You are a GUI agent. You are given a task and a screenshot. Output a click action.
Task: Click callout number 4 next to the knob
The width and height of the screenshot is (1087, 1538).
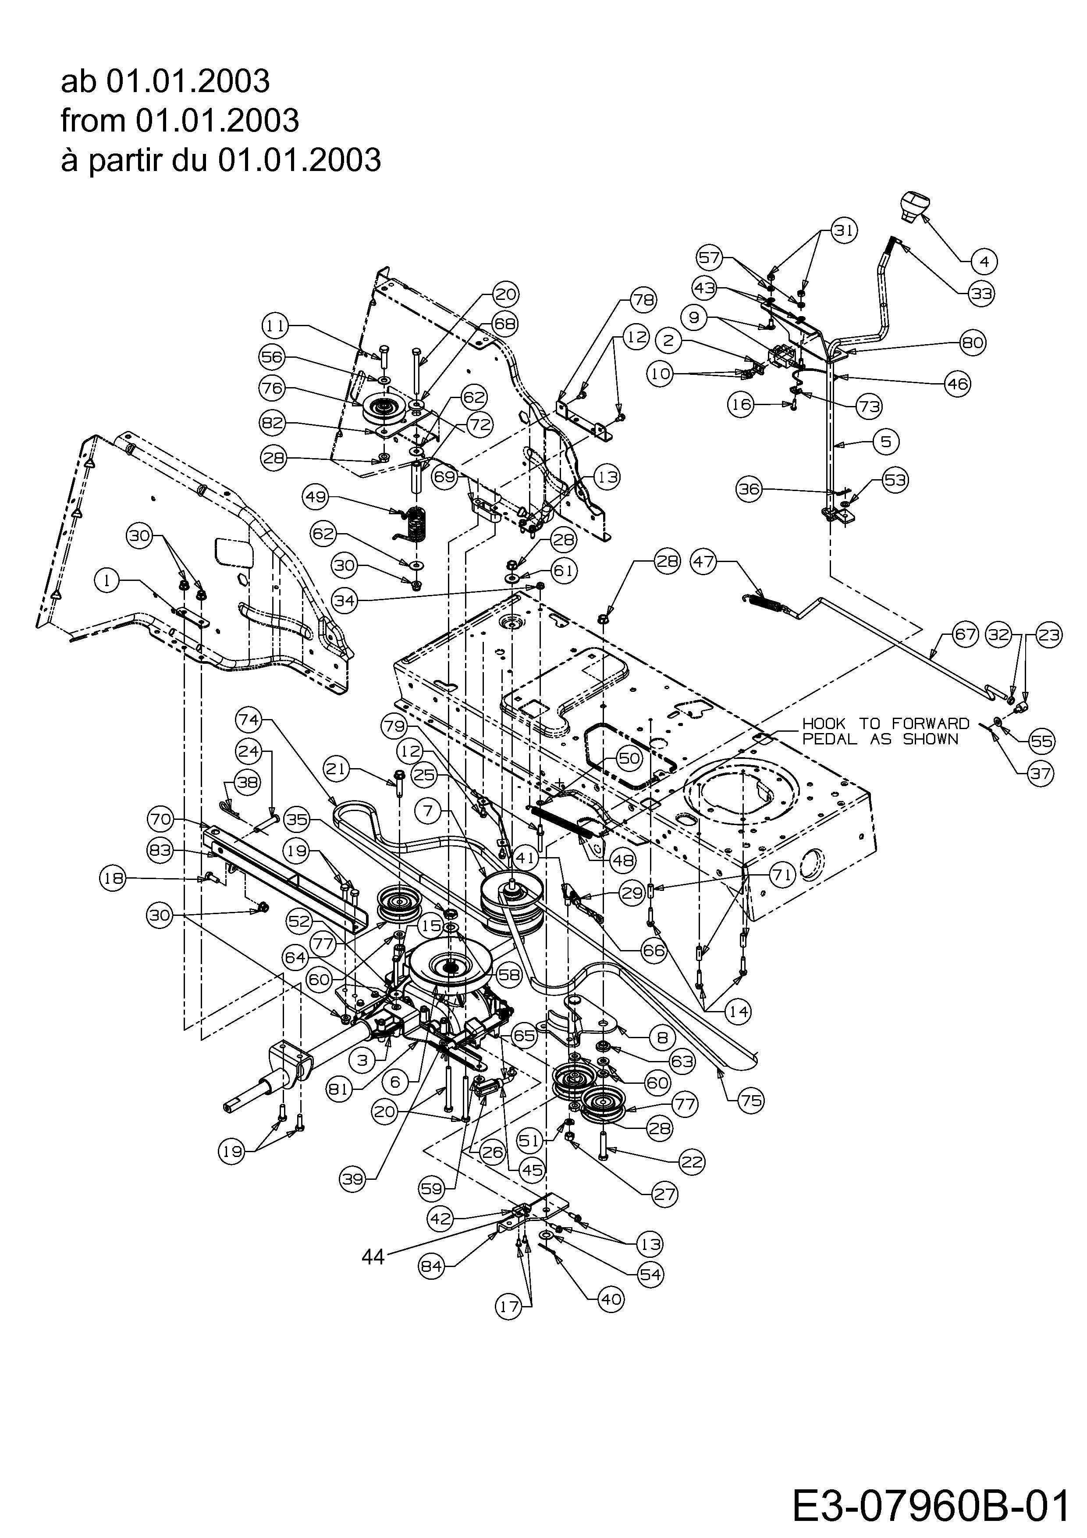[x=984, y=261]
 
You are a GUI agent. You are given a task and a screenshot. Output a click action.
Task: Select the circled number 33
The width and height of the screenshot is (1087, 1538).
[x=981, y=293]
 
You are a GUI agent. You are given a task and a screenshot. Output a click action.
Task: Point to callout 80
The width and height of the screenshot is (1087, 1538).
[x=973, y=343]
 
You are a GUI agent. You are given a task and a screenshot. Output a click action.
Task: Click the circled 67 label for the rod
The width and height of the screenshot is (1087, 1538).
[x=965, y=634]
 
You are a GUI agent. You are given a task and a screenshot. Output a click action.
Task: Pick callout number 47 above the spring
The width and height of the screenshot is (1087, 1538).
[x=704, y=561]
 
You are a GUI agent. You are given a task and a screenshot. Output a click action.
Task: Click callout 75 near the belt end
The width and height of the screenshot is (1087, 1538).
[x=751, y=1100]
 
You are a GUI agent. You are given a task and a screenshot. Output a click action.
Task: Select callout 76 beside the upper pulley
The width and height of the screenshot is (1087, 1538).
[x=273, y=388]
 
